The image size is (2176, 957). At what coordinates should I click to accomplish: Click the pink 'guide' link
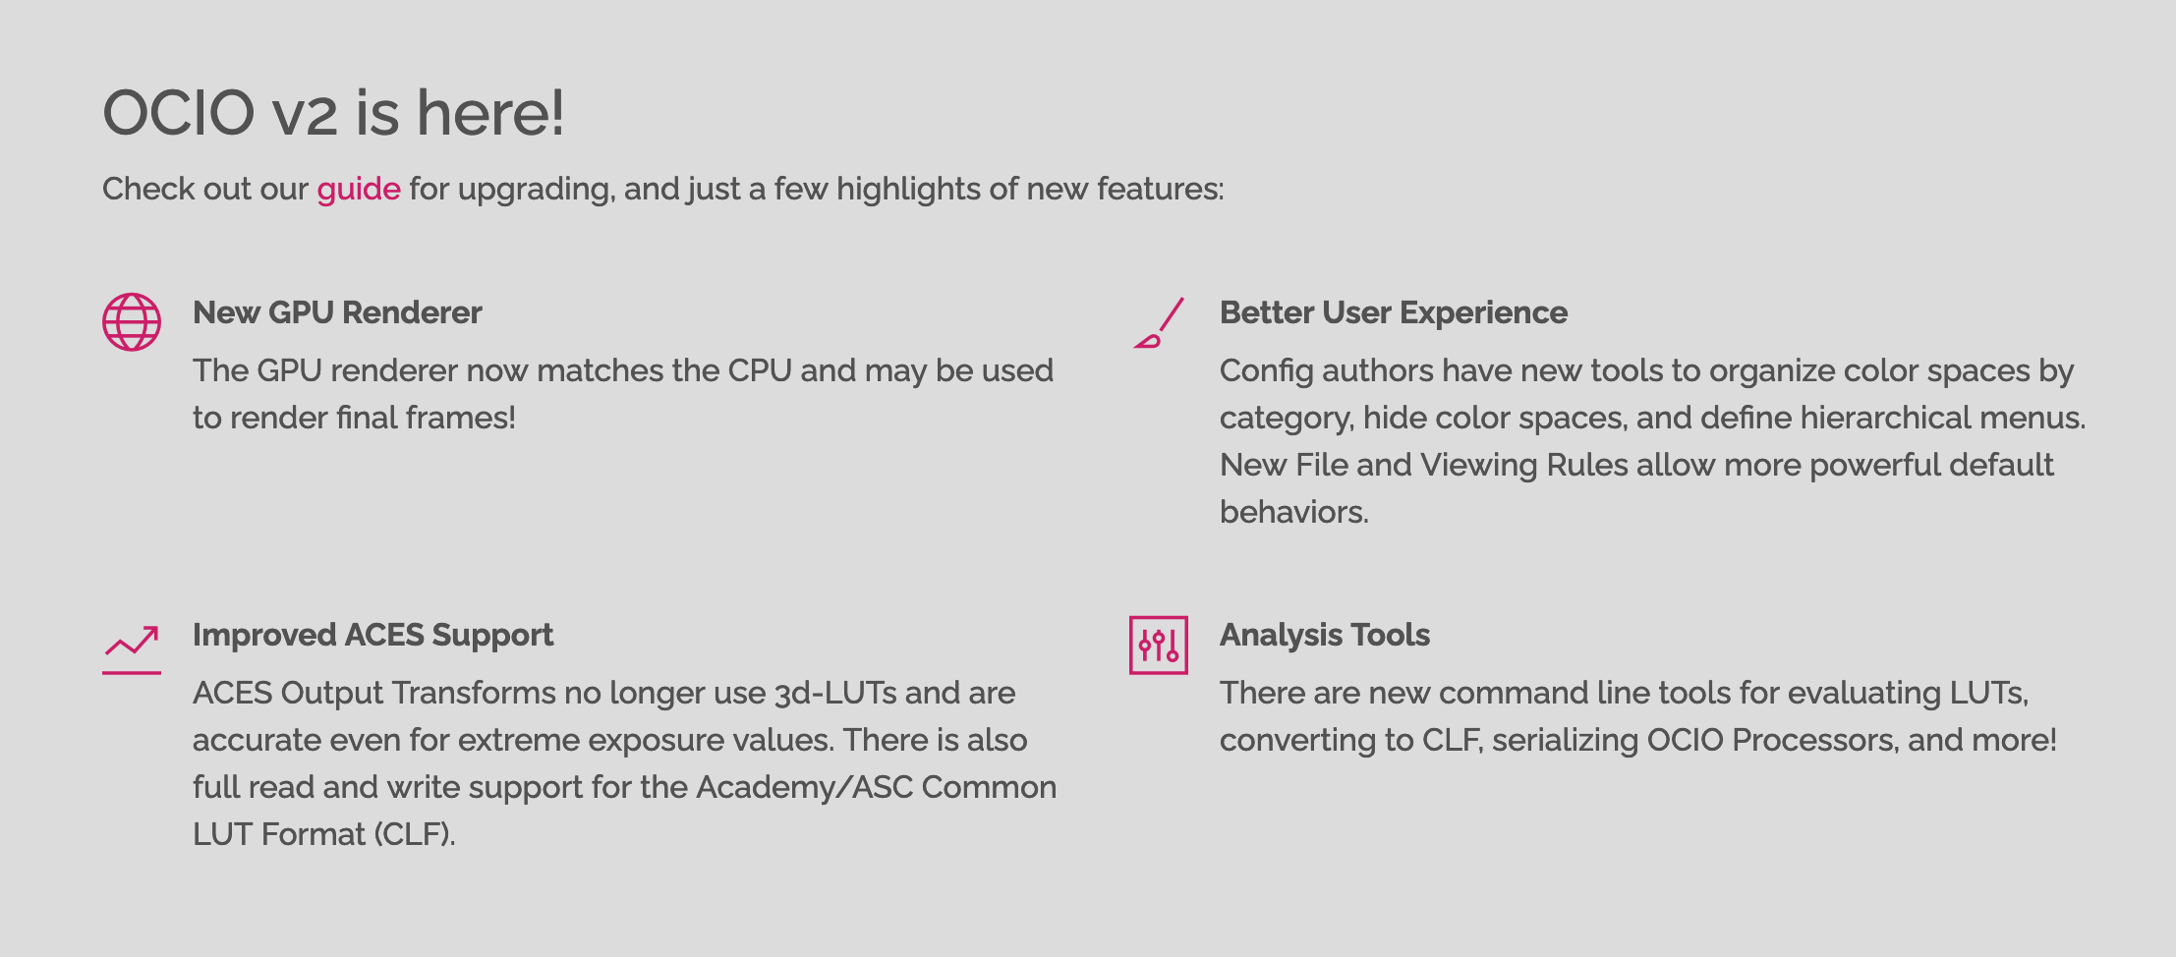[x=359, y=190]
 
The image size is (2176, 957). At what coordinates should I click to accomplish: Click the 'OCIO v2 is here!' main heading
[x=334, y=113]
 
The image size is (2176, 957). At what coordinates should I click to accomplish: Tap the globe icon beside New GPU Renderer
[x=132, y=321]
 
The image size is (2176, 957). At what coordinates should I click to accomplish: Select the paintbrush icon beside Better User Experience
[x=1159, y=322]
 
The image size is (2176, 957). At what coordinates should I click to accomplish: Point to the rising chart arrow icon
[x=132, y=649]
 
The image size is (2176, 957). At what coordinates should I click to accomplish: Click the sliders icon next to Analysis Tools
[x=1159, y=645]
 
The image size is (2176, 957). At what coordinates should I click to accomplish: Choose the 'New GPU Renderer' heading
[x=337, y=312]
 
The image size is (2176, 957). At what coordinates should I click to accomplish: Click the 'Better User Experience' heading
[x=1394, y=312]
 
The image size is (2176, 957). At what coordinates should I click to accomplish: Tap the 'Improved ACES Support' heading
[x=373, y=635]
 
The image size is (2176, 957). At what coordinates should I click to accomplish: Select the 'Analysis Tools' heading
[x=1325, y=635]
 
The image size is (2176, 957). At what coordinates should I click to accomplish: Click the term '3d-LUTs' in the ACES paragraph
[x=835, y=693]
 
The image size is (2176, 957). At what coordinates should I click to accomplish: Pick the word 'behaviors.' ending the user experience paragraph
[x=1294, y=512]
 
